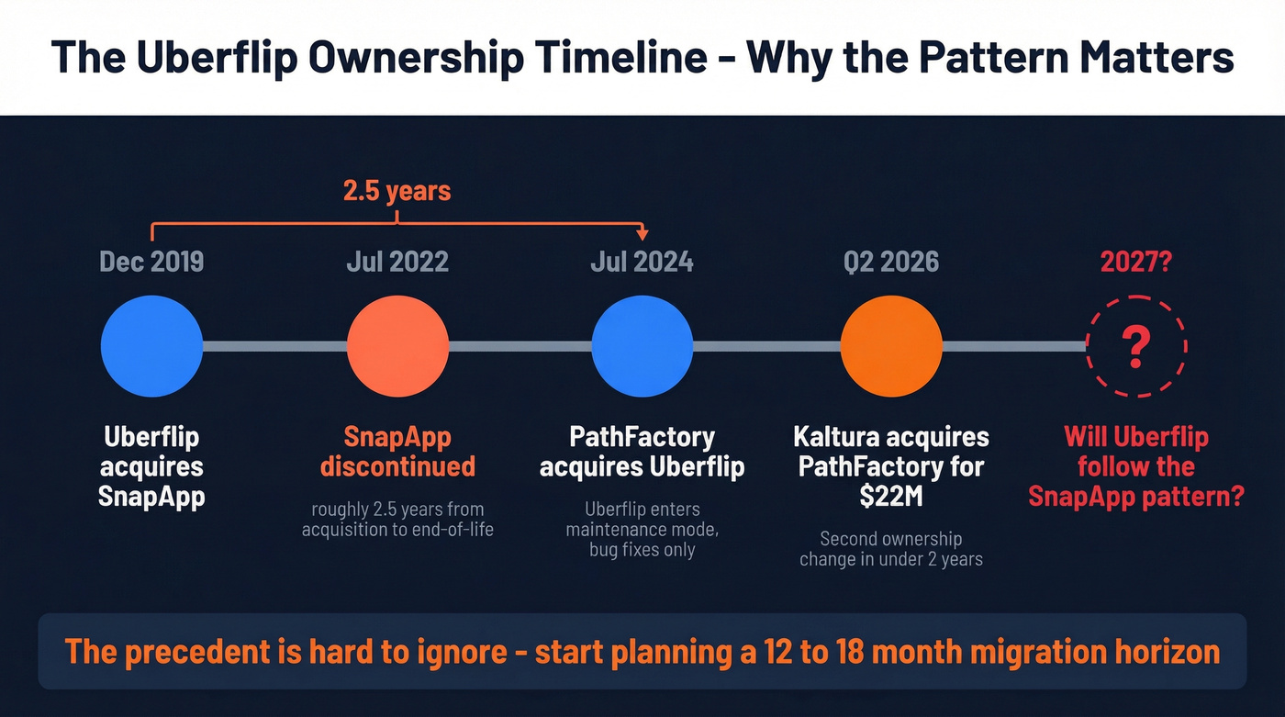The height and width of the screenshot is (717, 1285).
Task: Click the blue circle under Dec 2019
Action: pyautogui.click(x=151, y=346)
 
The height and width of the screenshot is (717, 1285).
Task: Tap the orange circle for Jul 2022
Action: pyautogui.click(x=397, y=346)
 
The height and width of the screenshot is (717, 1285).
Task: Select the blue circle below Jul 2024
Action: pyautogui.click(x=642, y=346)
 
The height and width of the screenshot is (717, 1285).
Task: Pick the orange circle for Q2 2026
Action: pyautogui.click(x=891, y=346)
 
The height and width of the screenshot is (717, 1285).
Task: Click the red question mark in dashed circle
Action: pyautogui.click(x=1136, y=347)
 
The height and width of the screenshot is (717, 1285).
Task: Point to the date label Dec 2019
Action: pyautogui.click(x=151, y=262)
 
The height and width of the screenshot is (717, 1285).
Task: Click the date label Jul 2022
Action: pyautogui.click(x=397, y=262)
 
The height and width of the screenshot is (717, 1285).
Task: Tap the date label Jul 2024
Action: pyautogui.click(x=642, y=262)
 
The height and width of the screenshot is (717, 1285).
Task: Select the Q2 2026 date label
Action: pyautogui.click(x=891, y=262)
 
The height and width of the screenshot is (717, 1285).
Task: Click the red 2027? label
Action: pyautogui.click(x=1136, y=262)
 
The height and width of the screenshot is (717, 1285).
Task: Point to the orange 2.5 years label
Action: pyautogui.click(x=397, y=191)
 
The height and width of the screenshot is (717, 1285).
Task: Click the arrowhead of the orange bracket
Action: pyautogui.click(x=642, y=236)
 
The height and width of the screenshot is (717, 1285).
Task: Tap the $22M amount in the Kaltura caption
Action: pyautogui.click(x=891, y=496)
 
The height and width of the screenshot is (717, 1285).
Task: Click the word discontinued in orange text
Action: pyautogui.click(x=397, y=466)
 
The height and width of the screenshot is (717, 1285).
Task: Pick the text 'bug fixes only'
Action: pyautogui.click(x=642, y=550)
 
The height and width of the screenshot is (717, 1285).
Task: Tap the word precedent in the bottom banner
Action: pyautogui.click(x=195, y=652)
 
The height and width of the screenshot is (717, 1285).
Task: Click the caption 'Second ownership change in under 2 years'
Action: pyautogui.click(x=891, y=549)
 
